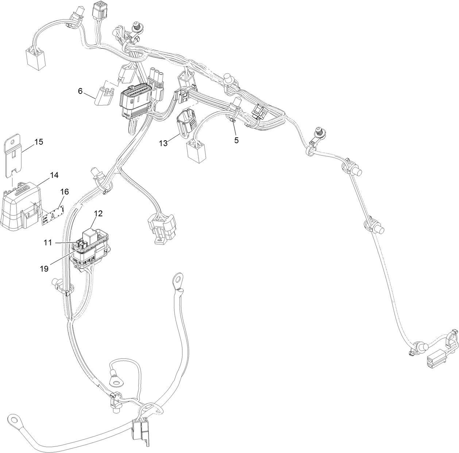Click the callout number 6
(80, 91)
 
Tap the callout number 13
(163, 143)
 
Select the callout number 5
(236, 140)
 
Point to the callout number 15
(39, 142)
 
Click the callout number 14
(54, 175)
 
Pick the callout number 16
(64, 192)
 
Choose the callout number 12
(98, 213)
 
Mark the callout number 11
(48, 243)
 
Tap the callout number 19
(44, 269)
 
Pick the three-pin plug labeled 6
(104, 96)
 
